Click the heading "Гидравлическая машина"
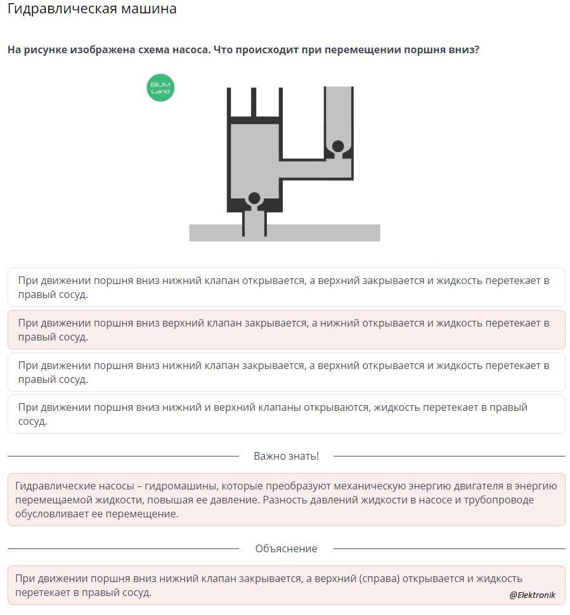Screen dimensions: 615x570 tap(92, 10)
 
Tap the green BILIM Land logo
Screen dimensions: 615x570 tap(160, 87)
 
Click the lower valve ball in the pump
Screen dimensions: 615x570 tap(254, 198)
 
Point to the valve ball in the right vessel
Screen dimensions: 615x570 tap(338, 146)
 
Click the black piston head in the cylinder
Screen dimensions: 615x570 tap(254, 120)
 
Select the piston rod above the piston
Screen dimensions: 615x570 tap(254, 101)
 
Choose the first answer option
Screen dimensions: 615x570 tap(286, 287)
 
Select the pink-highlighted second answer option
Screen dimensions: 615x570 tap(286, 330)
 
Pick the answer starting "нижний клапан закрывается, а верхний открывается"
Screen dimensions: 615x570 tap(286, 372)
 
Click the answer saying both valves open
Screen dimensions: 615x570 tap(286, 414)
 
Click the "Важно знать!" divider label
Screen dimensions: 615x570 tap(286, 456)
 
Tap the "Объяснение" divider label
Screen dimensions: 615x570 tap(286, 548)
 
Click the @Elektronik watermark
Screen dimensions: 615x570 tap(532, 595)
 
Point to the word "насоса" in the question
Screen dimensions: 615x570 tap(190, 49)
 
